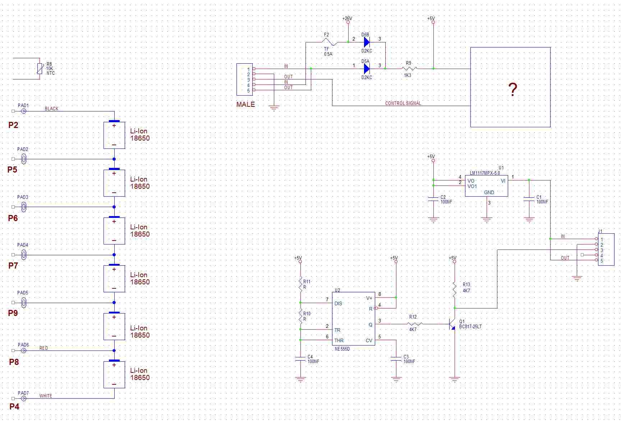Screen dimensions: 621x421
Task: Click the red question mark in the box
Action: [x=513, y=89]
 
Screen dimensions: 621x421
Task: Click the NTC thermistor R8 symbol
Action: [x=40, y=68]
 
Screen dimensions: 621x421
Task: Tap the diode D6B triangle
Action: [x=367, y=42]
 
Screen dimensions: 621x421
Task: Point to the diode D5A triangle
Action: [x=367, y=69]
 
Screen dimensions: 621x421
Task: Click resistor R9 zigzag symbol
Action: [x=409, y=69]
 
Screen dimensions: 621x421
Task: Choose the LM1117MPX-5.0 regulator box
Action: [x=486, y=186]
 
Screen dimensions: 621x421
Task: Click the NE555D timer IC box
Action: [x=353, y=319]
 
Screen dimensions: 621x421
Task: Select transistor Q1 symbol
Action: [x=452, y=324]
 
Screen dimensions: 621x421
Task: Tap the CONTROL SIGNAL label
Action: [x=403, y=103]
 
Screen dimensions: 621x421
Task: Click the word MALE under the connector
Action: [x=245, y=105]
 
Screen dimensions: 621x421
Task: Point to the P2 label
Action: [x=13, y=125]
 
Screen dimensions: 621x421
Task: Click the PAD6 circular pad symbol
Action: [x=24, y=351]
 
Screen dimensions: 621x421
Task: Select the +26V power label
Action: [x=347, y=18]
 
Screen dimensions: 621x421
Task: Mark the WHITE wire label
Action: [x=46, y=396]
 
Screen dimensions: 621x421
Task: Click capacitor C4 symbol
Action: [x=300, y=358]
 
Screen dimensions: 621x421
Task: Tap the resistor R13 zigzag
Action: [x=455, y=289]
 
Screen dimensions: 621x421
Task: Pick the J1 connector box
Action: [x=606, y=250]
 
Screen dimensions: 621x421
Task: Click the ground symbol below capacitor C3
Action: [x=396, y=379]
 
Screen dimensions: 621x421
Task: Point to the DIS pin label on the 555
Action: [x=338, y=303]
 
